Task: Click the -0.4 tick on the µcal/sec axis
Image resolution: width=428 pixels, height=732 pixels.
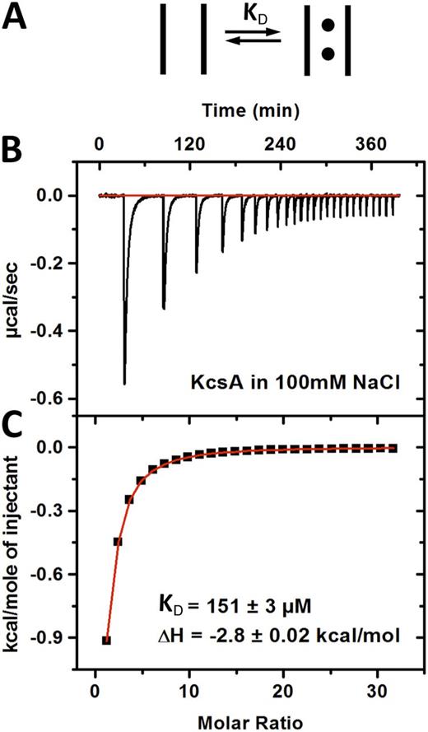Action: (x=67, y=331)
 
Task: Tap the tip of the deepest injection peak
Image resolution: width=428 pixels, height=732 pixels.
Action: (x=124, y=383)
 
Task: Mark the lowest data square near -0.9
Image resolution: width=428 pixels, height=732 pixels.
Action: (x=107, y=640)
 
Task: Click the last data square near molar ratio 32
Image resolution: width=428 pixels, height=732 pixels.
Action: (x=393, y=448)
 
